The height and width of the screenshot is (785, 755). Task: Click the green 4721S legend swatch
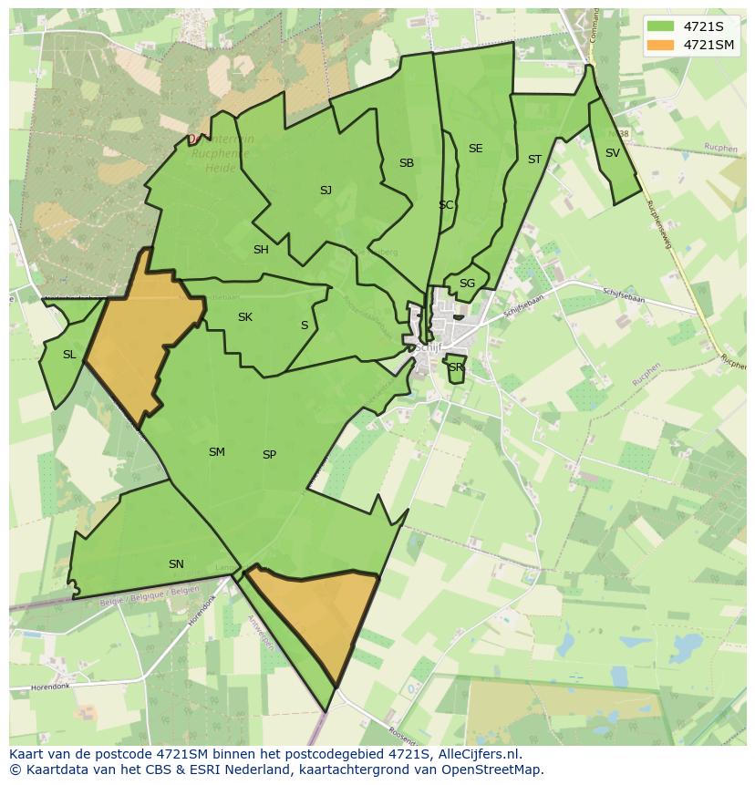661,26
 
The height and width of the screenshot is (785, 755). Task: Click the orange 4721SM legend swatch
661,45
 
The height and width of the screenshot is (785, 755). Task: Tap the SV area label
612,153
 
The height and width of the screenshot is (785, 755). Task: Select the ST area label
534,160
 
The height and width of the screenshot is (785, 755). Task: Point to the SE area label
475,149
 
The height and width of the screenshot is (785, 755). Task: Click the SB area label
407,163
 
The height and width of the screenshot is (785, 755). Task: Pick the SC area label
445,205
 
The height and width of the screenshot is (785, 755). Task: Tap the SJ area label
326,191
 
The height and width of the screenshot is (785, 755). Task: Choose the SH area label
261,250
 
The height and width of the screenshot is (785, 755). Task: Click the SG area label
467,284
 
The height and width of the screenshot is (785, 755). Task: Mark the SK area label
244,317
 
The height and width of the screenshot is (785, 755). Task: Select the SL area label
69,355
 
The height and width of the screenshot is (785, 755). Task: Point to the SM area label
216,452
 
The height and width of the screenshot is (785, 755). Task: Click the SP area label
269,455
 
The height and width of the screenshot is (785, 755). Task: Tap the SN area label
176,564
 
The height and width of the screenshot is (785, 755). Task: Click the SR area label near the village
455,367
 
